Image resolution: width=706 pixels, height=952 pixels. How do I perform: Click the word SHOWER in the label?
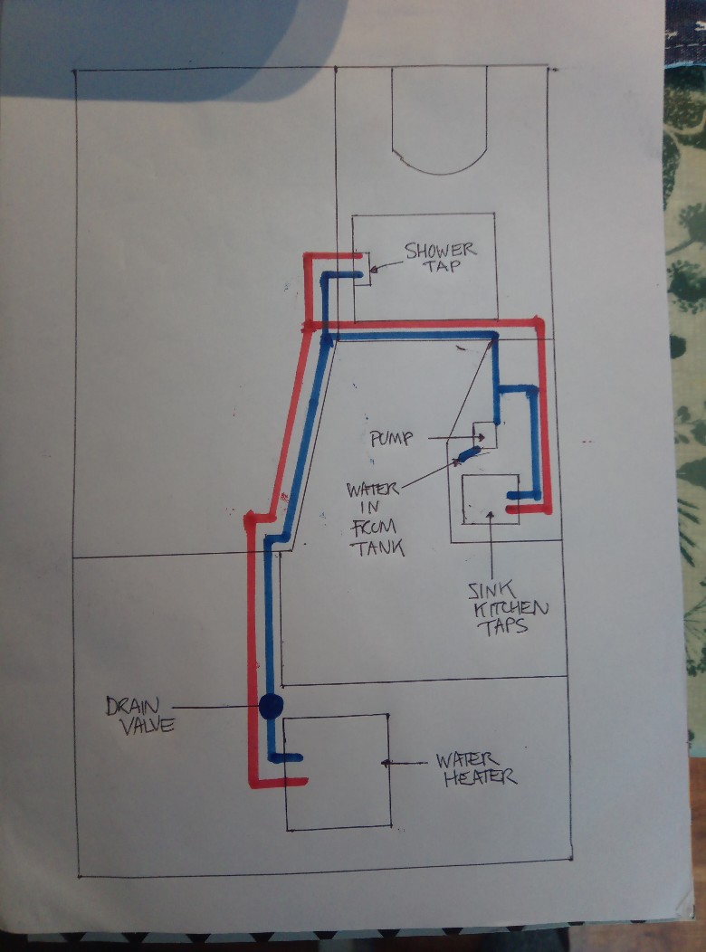click(441, 250)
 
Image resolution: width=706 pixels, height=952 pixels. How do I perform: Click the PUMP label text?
click(392, 438)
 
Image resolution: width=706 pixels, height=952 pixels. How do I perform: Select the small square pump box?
click(485, 435)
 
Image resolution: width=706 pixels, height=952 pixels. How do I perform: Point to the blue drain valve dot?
click(271, 706)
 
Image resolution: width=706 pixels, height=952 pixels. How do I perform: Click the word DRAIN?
click(132, 706)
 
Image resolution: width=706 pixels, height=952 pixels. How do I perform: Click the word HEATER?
click(481, 777)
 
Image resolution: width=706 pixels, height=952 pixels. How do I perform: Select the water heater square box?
click(338, 772)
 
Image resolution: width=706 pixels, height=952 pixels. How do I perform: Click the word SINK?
click(491, 591)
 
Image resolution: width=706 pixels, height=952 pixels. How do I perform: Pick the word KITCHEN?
click(510, 609)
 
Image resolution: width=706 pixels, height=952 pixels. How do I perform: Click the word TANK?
click(380, 548)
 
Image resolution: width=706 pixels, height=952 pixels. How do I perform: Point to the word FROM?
click(373, 528)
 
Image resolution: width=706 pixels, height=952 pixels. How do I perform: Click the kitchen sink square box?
click(491, 499)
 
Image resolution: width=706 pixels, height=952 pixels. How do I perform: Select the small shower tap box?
click(362, 269)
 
